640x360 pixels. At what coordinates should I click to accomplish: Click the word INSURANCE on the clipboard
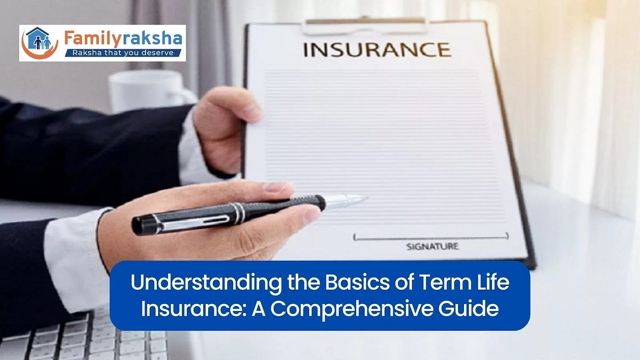click(x=377, y=50)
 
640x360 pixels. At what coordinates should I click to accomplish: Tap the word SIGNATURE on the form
click(x=432, y=246)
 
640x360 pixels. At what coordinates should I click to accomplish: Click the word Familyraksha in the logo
click(x=123, y=38)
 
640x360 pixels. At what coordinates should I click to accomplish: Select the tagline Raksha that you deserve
click(x=123, y=53)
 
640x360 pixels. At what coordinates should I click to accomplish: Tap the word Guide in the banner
click(x=473, y=309)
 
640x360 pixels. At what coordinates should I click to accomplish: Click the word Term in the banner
click(x=451, y=283)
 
